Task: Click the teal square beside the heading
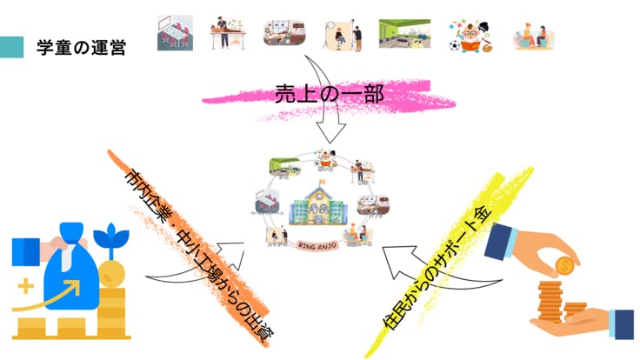pyautogui.click(x=11, y=47)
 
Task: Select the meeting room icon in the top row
pyautogui.click(x=175, y=32)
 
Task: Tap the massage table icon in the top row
pyautogui.click(x=228, y=32)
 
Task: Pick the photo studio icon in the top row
pyautogui.click(x=346, y=33)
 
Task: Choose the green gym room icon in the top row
pyautogui.click(x=404, y=33)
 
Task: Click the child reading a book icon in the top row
pyautogui.click(x=470, y=34)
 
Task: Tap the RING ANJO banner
pyautogui.click(x=322, y=244)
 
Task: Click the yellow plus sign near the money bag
pyautogui.click(x=25, y=284)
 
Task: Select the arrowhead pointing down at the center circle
pyautogui.click(x=330, y=134)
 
